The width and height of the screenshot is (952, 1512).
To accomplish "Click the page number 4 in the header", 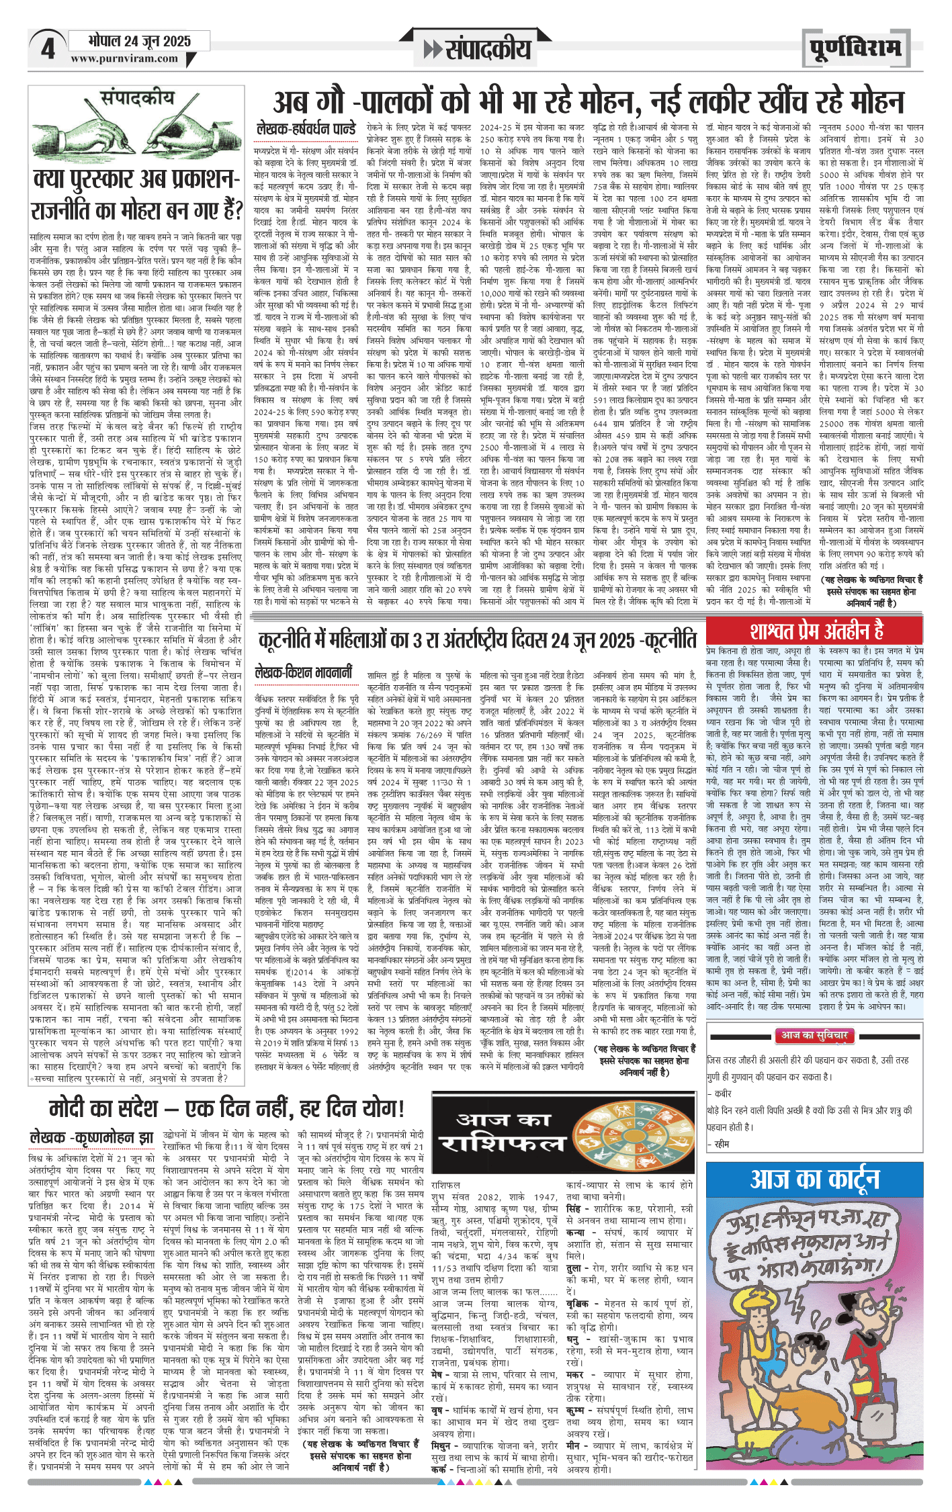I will pos(48,49).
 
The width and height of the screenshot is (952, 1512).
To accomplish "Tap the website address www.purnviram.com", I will pos(124,58).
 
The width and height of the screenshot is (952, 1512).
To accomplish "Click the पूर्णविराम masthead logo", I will pos(855,48).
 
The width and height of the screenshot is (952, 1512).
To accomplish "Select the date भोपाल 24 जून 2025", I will pos(139,41).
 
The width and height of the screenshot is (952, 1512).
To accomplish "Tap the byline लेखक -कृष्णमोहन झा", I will pos(91,1137).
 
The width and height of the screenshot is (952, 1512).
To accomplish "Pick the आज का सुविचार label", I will pos(814,1036).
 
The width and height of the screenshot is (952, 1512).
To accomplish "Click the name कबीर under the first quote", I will pos(722,1094).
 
